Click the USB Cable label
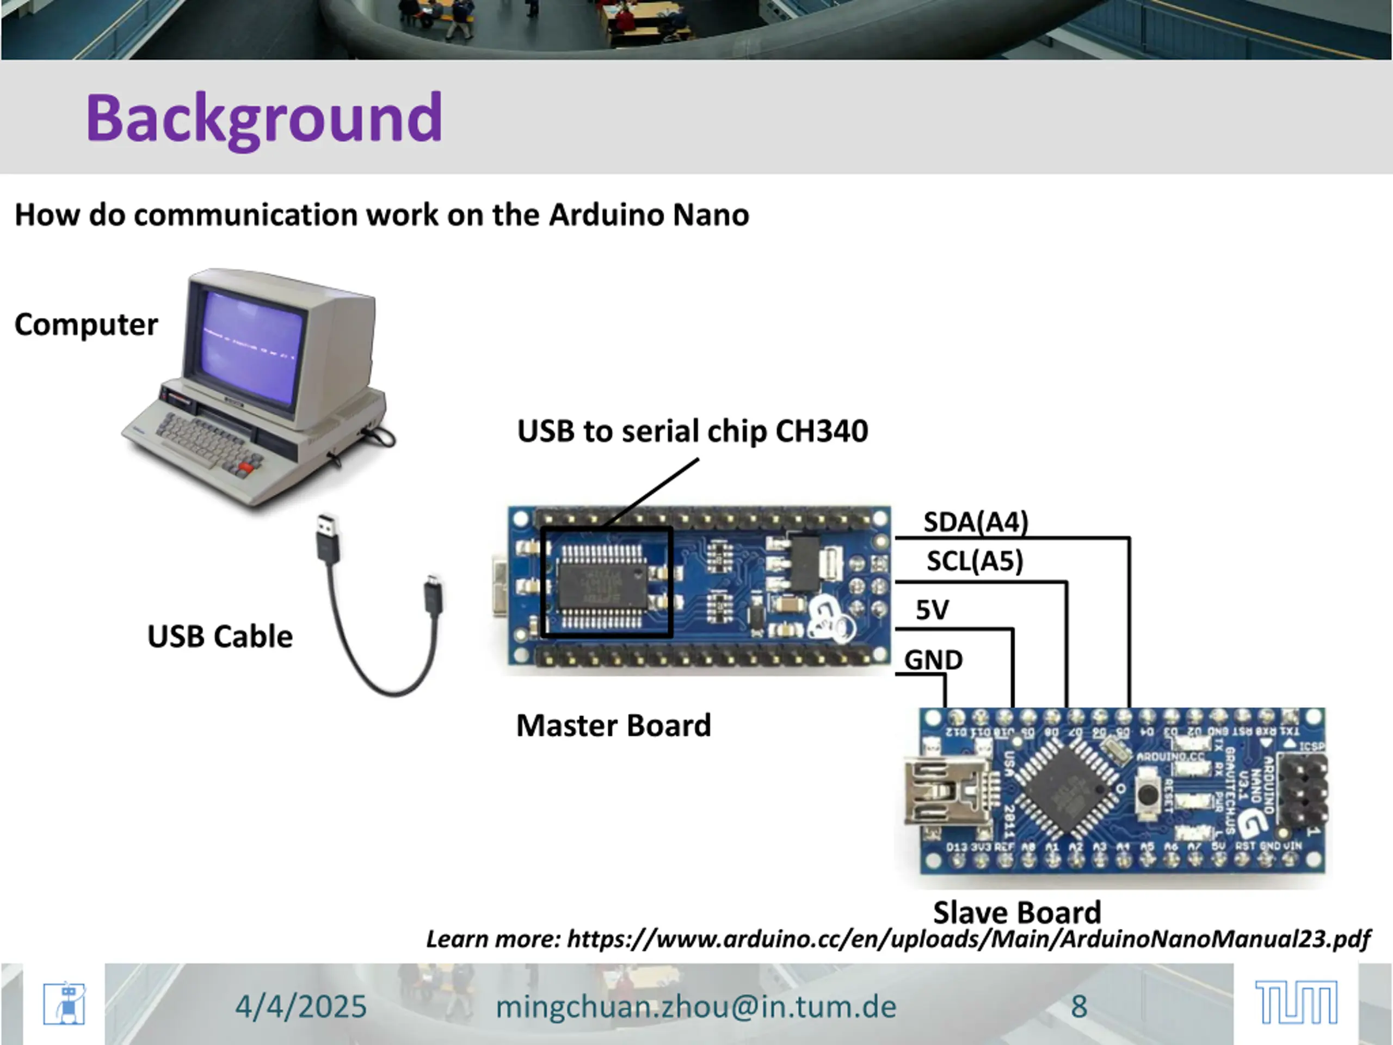point(220,637)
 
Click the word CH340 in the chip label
point(821,432)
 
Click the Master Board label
point(613,726)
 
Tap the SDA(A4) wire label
point(976,521)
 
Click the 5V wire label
point(932,610)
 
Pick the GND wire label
point(933,660)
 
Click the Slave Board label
point(1017,913)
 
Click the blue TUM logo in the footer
point(1296,1002)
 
